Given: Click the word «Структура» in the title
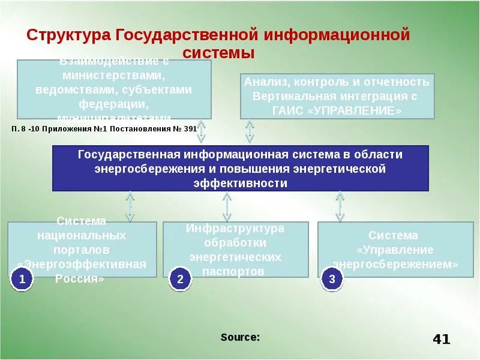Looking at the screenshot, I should [68, 35].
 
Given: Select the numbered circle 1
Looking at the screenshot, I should [22, 279].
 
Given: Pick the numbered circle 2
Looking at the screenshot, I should [180, 279].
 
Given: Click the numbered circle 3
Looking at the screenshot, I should [332, 279].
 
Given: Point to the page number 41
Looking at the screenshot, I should [441, 340].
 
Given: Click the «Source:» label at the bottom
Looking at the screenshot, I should [240, 337].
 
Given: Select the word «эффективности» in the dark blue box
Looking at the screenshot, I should [240, 183].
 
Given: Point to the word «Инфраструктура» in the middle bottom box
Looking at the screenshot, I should [235, 229].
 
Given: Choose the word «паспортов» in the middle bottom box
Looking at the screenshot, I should [235, 271].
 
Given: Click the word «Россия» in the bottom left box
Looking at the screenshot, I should [80, 278].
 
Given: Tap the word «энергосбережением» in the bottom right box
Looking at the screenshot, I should [396, 264].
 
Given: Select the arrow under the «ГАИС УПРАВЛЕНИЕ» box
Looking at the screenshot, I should [250, 131].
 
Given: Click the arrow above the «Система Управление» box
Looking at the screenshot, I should [340, 206].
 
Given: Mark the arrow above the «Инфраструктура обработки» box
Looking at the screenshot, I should [227, 206].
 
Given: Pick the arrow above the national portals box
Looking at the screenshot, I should [130, 206].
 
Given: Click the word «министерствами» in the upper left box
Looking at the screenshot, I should [114, 76].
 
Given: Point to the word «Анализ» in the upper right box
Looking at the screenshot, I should [262, 82].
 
